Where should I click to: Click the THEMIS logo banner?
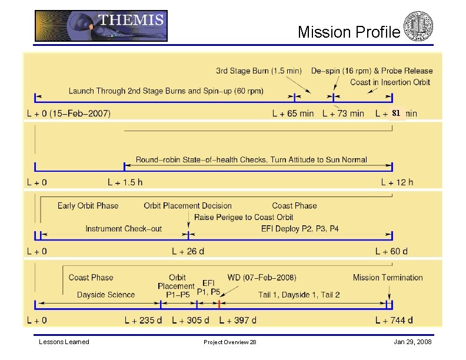click(x=101, y=26)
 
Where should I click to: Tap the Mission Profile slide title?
click(x=349, y=32)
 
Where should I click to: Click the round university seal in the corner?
click(x=418, y=26)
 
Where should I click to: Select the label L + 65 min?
click(x=293, y=113)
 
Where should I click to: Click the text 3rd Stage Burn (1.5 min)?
click(x=259, y=71)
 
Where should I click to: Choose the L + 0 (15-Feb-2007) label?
click(x=68, y=113)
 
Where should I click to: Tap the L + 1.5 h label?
click(x=125, y=182)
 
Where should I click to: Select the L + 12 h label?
click(x=397, y=182)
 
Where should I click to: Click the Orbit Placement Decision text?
click(x=188, y=206)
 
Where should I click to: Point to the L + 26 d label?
click(x=188, y=252)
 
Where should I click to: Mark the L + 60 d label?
click(x=391, y=252)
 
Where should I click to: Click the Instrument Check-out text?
click(x=124, y=229)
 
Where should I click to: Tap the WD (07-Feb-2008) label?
click(x=262, y=277)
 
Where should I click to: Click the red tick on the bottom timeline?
click(x=219, y=305)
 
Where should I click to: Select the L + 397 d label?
click(x=238, y=321)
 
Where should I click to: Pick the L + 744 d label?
click(x=394, y=321)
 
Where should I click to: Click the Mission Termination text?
click(x=388, y=278)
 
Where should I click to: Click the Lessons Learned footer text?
click(x=64, y=342)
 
